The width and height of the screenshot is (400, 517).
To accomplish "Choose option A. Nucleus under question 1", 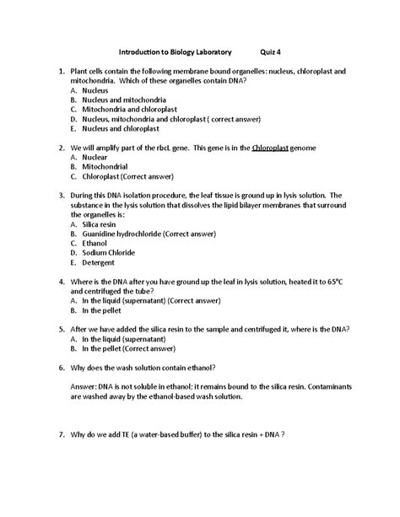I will [x=89, y=88].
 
